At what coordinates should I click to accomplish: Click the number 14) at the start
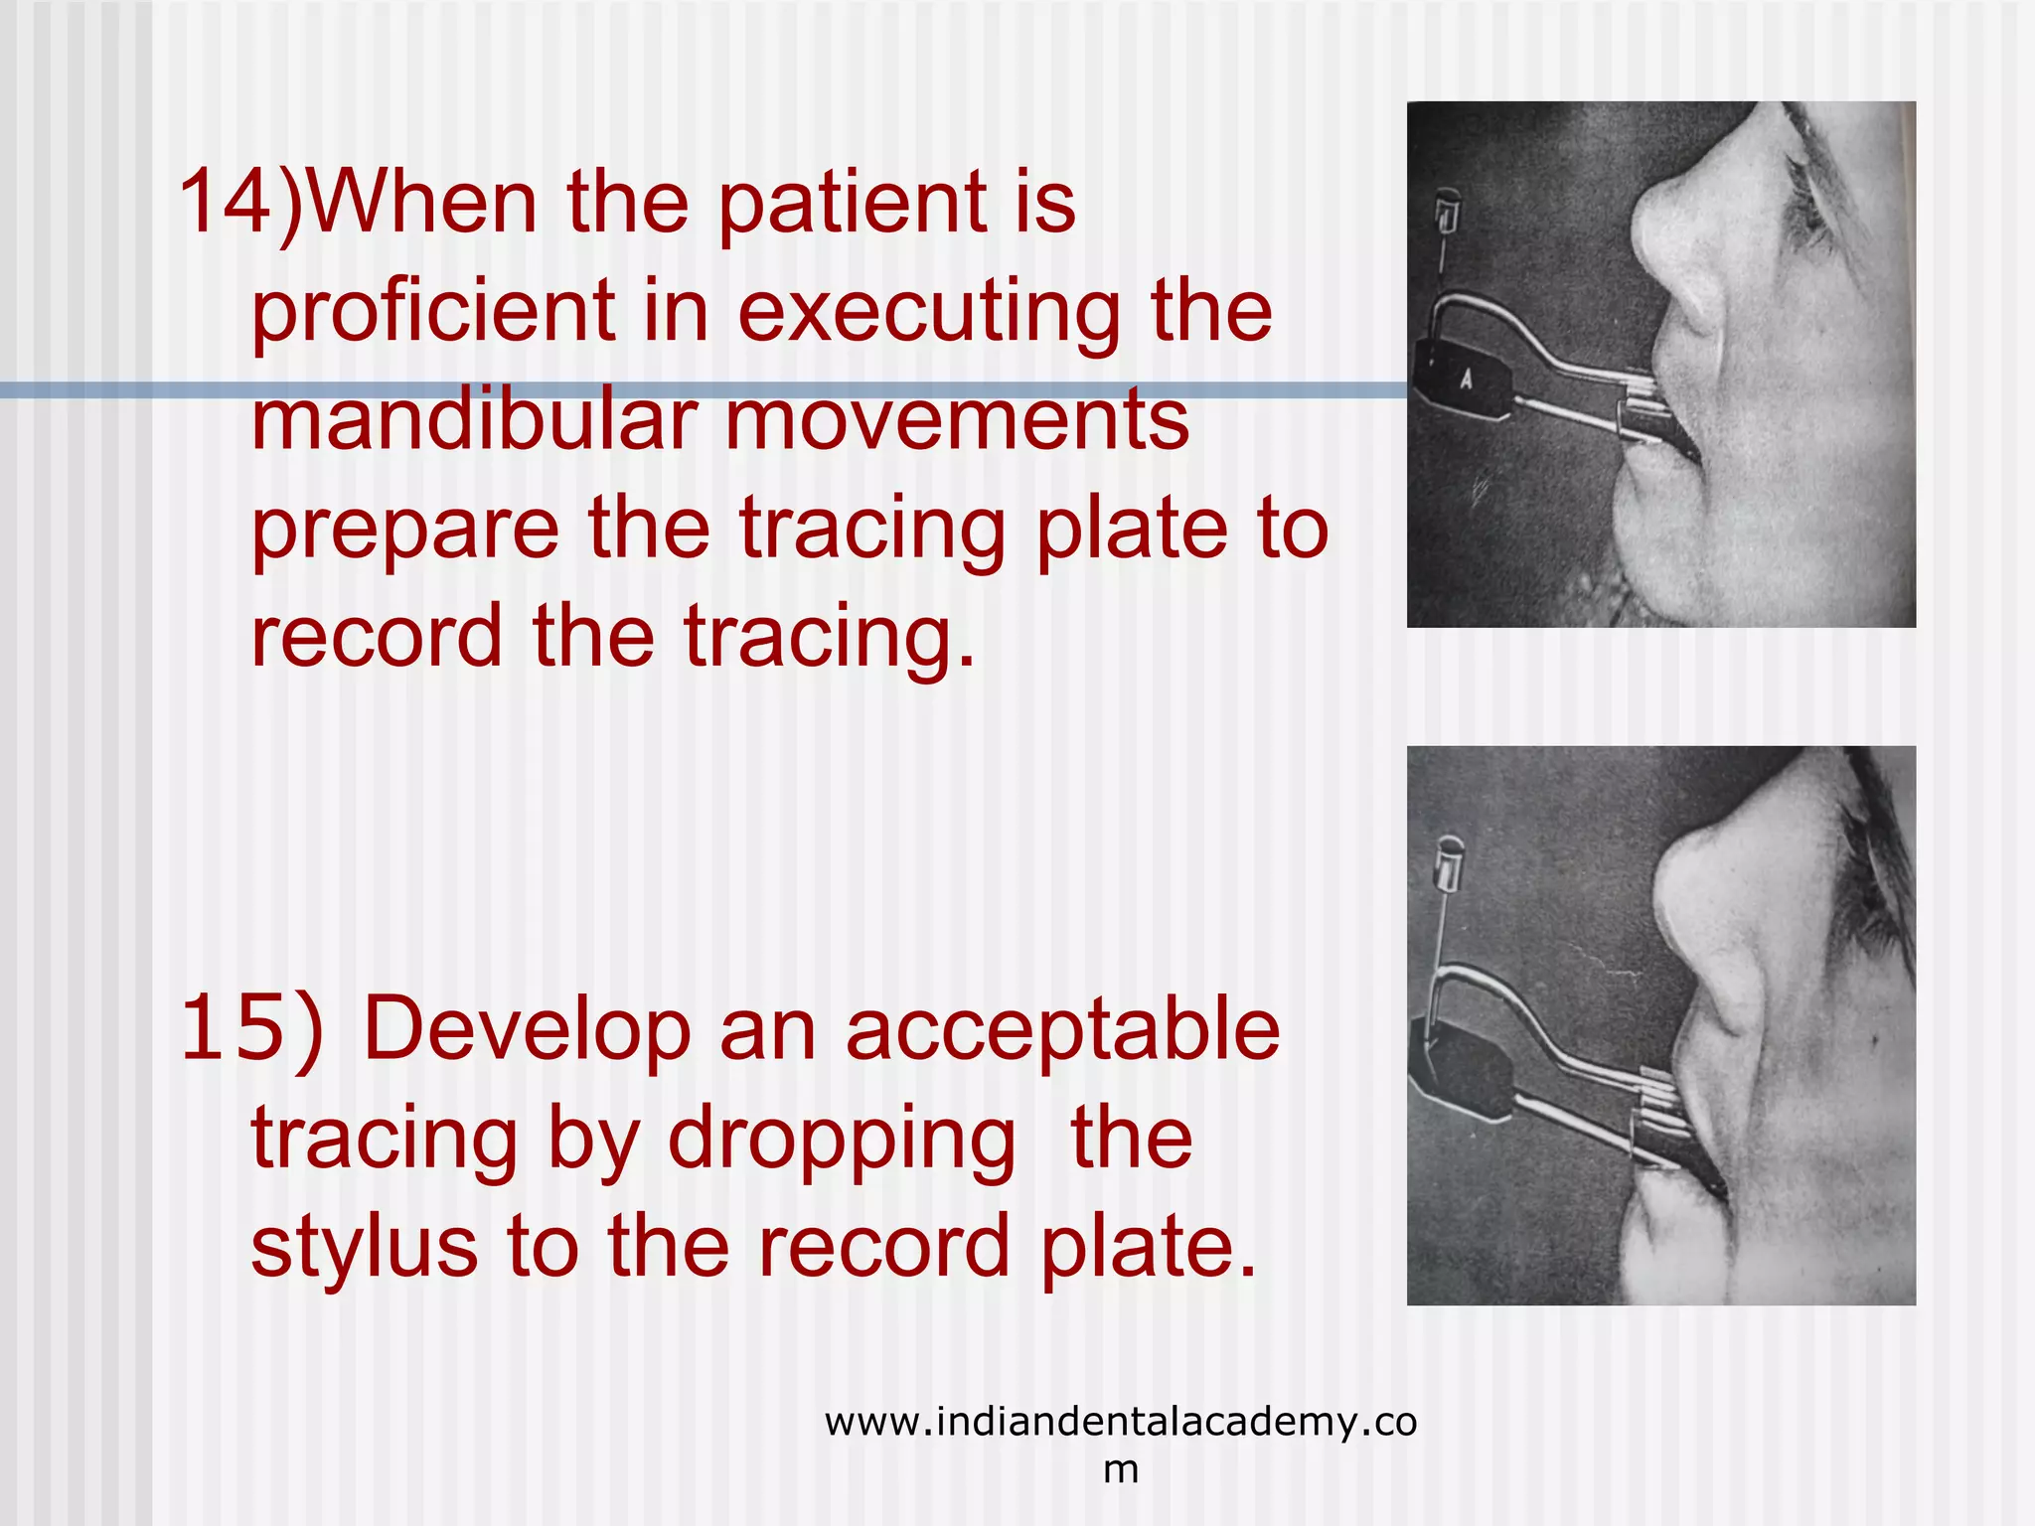[238, 203]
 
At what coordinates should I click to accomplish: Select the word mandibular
[473, 419]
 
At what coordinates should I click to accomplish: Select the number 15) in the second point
[252, 1028]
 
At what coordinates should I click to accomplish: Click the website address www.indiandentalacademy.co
[1120, 1423]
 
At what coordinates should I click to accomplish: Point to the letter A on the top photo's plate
[1466, 379]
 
